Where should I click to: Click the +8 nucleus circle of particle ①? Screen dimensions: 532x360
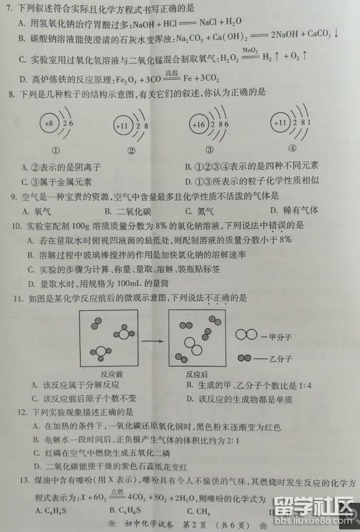pos(49,124)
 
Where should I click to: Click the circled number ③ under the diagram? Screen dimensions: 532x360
pos(209,150)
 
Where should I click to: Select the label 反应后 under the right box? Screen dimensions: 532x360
pos(197,374)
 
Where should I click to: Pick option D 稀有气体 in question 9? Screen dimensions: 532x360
pos(294,210)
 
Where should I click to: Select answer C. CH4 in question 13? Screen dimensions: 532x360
pos(198,511)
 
